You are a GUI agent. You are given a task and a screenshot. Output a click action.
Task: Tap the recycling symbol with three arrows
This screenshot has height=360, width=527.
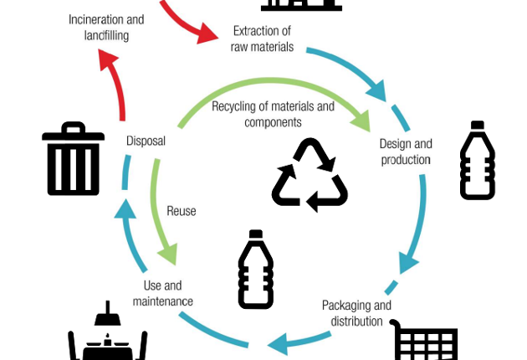pos(310,174)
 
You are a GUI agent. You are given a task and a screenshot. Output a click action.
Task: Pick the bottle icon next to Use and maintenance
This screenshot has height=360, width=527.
pos(255,270)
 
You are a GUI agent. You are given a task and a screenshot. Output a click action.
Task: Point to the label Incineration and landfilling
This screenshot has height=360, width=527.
pos(105,28)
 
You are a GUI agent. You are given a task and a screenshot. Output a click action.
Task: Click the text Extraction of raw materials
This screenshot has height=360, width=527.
pos(262,39)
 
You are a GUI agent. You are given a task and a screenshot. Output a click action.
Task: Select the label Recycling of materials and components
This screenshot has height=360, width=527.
pos(273,114)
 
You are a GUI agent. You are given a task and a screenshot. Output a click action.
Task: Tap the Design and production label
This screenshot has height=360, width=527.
pos(406,152)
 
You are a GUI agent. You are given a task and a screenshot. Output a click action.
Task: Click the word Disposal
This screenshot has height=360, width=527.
pos(146,141)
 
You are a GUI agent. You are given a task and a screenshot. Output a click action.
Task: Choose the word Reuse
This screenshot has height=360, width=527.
pos(182,211)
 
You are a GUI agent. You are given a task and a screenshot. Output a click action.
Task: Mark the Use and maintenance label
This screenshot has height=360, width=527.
pos(162,293)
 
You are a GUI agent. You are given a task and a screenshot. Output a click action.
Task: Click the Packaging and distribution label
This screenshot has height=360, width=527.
pos(356,313)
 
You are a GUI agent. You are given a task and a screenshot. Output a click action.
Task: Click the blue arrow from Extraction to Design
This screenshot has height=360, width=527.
pos(351,67)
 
